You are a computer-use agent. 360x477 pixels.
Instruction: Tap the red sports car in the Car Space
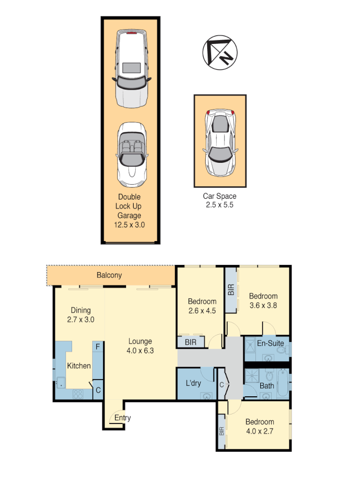[221, 142]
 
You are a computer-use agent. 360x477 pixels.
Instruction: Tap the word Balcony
[109, 275]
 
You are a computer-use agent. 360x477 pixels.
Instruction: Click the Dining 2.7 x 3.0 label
[81, 315]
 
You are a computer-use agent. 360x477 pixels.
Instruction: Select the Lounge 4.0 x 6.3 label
[140, 346]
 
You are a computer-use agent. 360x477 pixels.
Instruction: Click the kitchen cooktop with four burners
[77, 394]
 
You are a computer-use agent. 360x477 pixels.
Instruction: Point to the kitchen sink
[61, 382]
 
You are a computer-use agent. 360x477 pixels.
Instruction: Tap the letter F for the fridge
[97, 346]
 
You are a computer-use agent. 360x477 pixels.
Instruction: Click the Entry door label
[122, 418]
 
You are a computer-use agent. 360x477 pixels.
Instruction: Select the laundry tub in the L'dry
[207, 396]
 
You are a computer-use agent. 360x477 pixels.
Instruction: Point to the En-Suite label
[270, 343]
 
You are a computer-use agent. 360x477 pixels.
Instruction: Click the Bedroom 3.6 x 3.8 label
[263, 300]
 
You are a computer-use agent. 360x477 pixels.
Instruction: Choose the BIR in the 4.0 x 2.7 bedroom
[222, 432]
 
